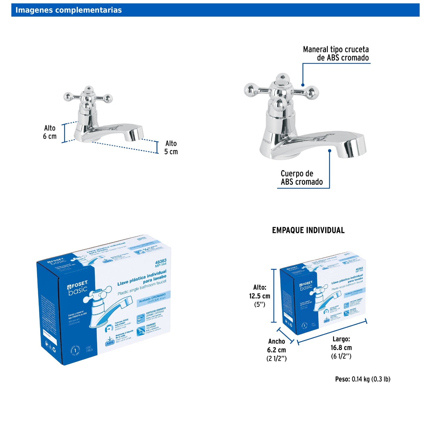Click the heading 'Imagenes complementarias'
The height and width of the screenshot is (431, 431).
pos(69,10)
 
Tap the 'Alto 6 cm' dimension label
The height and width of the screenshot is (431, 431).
pos(50,132)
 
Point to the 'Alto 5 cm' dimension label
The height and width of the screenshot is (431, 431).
pos(171,148)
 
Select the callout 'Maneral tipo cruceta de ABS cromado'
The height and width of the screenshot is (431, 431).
pos(336,54)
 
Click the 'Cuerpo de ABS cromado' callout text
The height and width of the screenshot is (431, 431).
pos(302,178)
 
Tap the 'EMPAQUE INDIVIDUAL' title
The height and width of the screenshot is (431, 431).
pos(308,230)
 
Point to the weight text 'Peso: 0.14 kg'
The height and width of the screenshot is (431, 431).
pos(362,379)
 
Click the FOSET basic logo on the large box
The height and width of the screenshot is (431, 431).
pos(78,287)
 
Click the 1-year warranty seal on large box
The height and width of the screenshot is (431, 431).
pos(75,351)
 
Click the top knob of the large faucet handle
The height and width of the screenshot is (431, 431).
pos(282,78)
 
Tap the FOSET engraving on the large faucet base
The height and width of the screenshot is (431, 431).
pos(267,141)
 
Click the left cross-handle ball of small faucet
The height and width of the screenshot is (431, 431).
pos(68,97)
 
